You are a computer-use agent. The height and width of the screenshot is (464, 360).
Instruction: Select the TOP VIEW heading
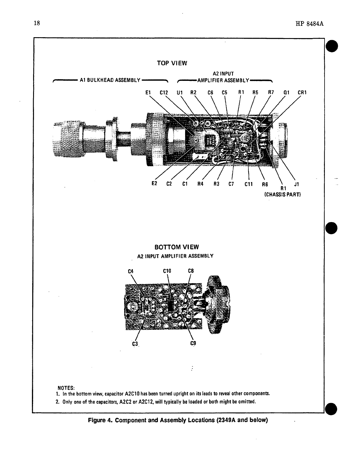tap(172, 63)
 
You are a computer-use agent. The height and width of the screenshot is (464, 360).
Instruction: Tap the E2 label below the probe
tap(155, 184)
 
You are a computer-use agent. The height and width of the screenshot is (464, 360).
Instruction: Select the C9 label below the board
tap(193, 343)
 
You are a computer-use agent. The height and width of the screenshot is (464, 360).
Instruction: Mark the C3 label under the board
tap(135, 343)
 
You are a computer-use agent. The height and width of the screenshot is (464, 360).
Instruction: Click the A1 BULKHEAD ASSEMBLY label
tap(110, 80)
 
